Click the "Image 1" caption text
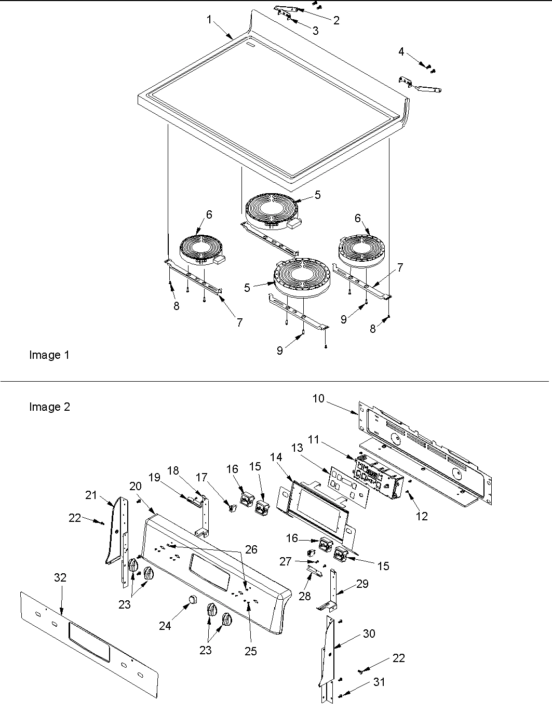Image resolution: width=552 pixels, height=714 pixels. (49, 355)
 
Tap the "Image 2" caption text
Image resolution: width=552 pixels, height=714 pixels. (49, 407)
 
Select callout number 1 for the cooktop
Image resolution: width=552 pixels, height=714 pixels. (209, 20)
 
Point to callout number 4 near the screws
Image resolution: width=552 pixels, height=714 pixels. (401, 51)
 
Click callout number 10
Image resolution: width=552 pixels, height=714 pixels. (318, 398)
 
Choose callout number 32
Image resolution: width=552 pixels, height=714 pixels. (60, 577)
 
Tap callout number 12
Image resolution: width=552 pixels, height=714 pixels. (422, 516)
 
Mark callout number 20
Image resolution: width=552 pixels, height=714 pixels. (136, 486)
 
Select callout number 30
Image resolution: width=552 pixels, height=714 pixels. (369, 634)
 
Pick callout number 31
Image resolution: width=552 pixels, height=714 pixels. (380, 682)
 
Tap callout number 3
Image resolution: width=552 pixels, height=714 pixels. (315, 31)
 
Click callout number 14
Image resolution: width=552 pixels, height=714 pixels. (277, 457)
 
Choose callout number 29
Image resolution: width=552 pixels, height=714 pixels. (362, 584)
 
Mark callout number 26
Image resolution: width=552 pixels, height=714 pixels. (251, 549)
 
